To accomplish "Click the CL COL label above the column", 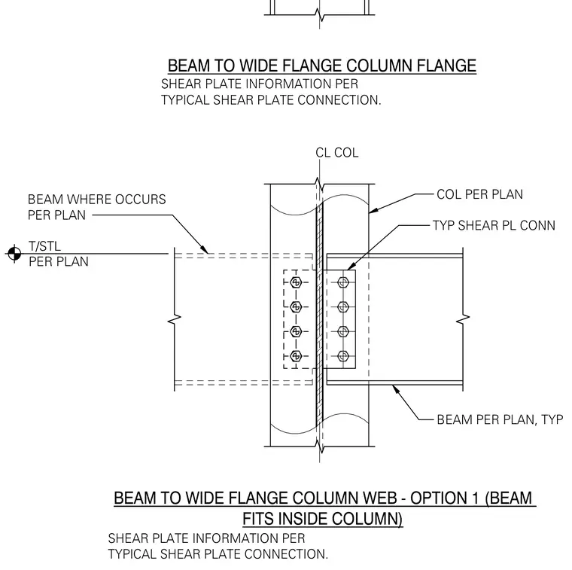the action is (336, 153).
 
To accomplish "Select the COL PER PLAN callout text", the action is (479, 194).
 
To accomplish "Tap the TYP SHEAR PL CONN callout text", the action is (494, 226).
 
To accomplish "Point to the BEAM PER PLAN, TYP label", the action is (500, 419).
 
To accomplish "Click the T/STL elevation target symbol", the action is (14, 253).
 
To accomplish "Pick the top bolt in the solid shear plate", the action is (343, 282).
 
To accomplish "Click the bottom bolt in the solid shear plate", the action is (343, 356).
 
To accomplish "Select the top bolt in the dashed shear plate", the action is (296, 282).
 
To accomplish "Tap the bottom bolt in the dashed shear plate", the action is (296, 356).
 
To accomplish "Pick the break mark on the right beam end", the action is (464, 319).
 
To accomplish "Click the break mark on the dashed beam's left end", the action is (175, 319).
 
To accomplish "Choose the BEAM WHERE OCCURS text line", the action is (96, 200).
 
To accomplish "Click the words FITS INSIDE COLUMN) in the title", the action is (322, 519).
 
